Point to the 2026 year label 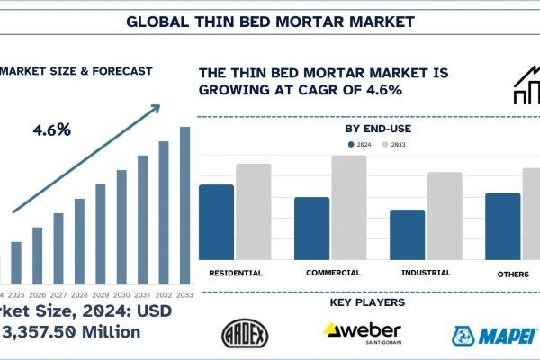pos(37,294)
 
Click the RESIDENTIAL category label pos(235,272)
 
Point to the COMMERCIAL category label pos(333,272)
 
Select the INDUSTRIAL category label pos(425,272)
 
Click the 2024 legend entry pos(360,143)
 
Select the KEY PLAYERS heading pos(366,302)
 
